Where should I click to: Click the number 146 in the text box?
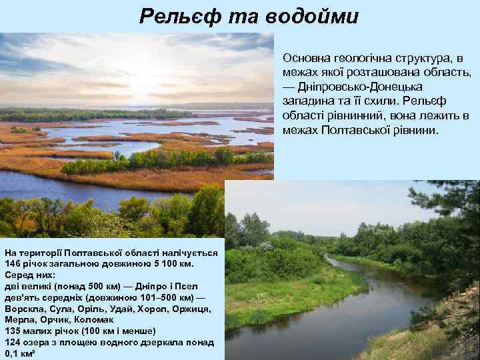(14, 263)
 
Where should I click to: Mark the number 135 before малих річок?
(14, 331)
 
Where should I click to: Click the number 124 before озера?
(14, 342)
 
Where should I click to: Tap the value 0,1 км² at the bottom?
(20, 353)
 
